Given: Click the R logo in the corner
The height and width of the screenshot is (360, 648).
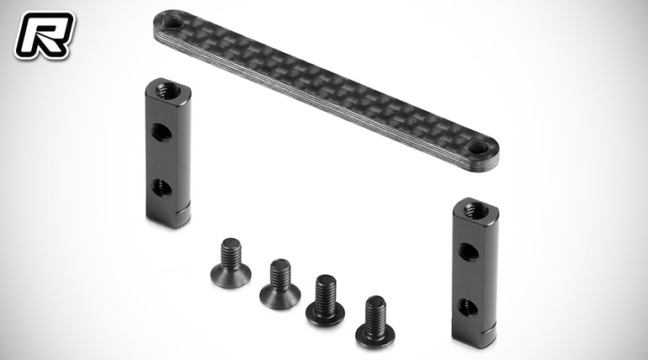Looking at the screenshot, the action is coord(45,35).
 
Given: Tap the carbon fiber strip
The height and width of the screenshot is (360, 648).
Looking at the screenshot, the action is coord(326,90).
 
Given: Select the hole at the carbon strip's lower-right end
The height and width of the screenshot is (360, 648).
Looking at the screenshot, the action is coord(479,146).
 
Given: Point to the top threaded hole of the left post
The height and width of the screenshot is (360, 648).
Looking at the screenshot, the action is coord(168,89).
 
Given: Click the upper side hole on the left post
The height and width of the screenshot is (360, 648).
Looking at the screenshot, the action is coord(162,132).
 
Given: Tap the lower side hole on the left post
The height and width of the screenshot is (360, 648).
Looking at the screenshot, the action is coord(162,188).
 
